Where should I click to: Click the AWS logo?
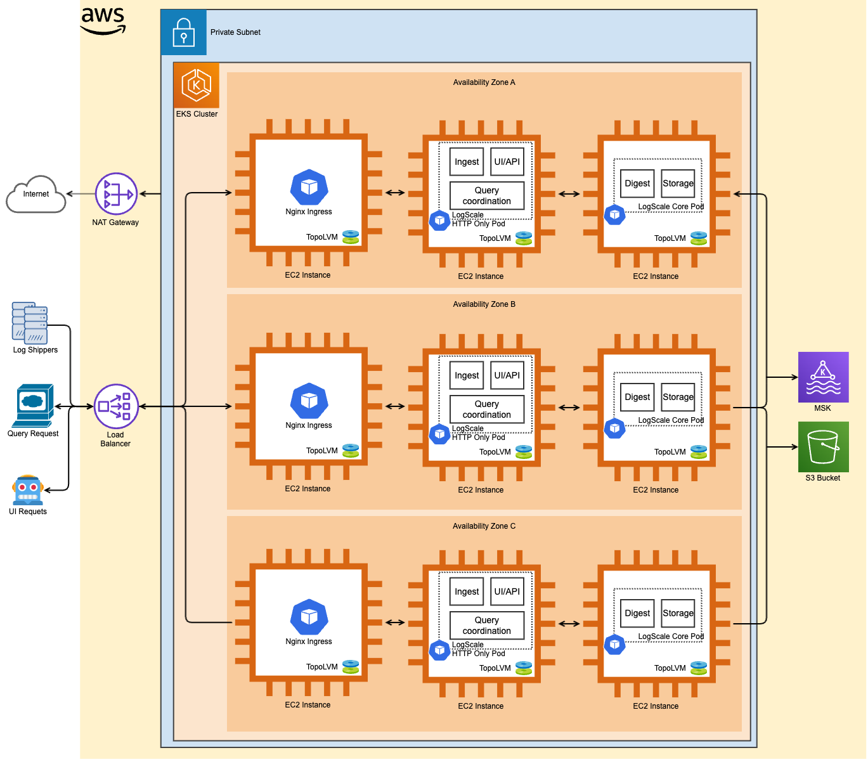103,21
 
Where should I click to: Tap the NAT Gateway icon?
116,194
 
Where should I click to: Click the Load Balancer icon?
116,406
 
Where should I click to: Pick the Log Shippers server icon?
30,323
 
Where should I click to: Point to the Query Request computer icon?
32,405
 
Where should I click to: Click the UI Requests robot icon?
27,490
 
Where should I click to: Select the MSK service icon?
823,377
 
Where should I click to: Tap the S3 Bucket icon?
823,447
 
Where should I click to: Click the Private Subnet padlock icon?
184,32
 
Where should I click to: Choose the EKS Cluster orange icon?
197,85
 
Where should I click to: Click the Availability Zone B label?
484,304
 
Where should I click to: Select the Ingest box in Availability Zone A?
467,162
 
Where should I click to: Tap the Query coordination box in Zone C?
487,625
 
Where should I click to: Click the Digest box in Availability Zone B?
637,397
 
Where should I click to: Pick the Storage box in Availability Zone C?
678,613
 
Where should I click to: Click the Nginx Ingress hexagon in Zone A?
309,187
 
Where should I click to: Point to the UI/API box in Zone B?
507,375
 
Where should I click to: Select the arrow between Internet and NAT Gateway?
80,194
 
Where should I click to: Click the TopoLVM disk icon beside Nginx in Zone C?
351,666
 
